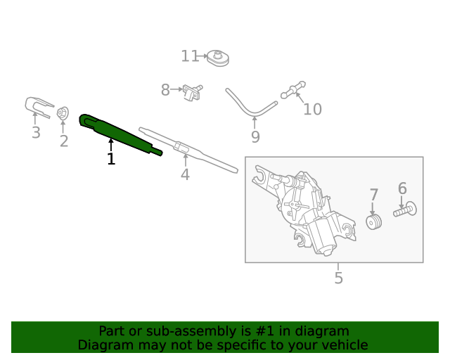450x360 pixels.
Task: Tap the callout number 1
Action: [110, 160]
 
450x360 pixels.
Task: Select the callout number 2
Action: [64, 141]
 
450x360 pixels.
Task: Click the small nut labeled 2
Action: [63, 112]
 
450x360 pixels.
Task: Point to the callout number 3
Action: [35, 133]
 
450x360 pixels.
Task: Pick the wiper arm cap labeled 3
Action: [38, 107]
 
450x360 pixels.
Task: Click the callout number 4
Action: [185, 174]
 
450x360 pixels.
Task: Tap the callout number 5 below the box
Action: [338, 278]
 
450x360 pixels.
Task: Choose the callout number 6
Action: [402, 188]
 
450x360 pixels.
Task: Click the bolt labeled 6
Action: [404, 210]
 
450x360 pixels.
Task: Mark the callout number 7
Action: [373, 195]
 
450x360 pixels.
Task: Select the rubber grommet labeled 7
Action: [374, 221]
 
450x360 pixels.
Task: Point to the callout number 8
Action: [165, 90]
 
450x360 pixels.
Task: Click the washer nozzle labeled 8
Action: [191, 91]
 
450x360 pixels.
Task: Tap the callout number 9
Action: [255, 137]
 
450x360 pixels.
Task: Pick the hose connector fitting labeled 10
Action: [292, 89]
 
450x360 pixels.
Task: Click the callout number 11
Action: [190, 56]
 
